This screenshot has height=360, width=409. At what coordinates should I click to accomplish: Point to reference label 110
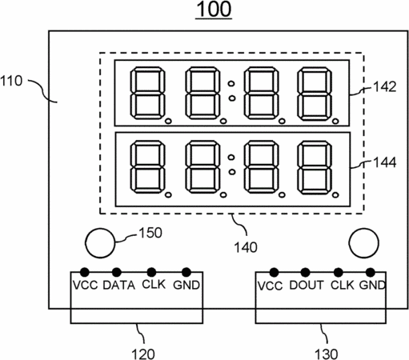click(11, 81)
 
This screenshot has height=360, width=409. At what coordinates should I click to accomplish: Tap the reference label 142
click(384, 87)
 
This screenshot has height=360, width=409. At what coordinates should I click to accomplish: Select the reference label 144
click(384, 162)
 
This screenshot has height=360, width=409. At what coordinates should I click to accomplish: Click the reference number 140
click(246, 247)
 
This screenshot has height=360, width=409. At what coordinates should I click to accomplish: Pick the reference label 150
click(150, 233)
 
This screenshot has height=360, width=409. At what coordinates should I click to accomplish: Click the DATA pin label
click(119, 286)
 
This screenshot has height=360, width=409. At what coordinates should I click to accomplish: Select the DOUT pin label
click(307, 286)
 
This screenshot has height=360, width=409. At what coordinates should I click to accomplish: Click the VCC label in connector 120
click(86, 286)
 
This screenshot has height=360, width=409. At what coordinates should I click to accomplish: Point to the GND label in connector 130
click(372, 286)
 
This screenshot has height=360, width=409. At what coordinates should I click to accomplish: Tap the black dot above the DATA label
click(117, 272)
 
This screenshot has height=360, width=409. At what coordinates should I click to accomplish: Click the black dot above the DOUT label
click(305, 273)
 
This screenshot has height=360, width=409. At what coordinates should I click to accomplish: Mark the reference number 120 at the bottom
click(143, 354)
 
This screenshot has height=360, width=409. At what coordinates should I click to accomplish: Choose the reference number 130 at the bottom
click(327, 354)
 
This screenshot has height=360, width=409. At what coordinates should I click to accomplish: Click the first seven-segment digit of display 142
click(147, 93)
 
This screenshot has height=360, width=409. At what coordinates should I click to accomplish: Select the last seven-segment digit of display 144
click(315, 167)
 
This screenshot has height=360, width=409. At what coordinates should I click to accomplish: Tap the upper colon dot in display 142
click(231, 84)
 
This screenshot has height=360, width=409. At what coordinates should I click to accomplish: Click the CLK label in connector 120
click(154, 285)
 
